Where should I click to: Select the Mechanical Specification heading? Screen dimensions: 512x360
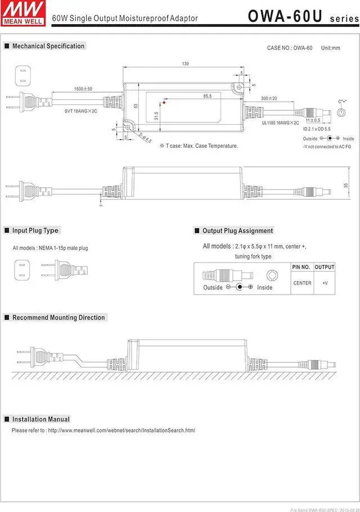click(48, 46)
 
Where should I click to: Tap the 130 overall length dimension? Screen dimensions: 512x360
click(185, 64)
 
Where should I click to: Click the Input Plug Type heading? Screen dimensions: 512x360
click(35, 230)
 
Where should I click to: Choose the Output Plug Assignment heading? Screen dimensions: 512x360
click(237, 230)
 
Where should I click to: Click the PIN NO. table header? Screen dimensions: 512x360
click(301, 267)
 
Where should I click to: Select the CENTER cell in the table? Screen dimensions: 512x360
click(302, 283)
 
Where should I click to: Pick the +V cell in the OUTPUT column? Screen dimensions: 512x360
click(325, 283)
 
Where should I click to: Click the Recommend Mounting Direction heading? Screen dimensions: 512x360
click(58, 318)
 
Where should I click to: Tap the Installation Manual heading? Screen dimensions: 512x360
click(41, 419)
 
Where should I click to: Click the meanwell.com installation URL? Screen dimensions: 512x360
click(121, 431)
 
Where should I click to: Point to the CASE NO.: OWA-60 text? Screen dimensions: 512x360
click(289, 48)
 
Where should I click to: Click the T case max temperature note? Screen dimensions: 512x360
click(199, 146)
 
